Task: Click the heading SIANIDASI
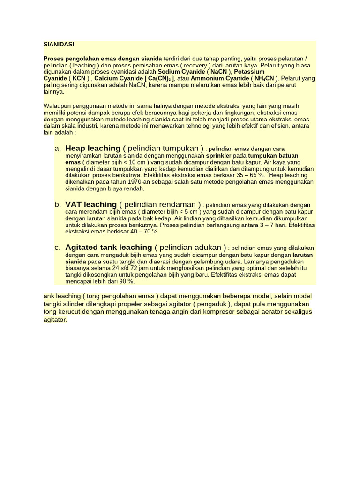[59, 45]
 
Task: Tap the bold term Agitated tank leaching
[109, 247]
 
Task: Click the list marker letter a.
[58, 148]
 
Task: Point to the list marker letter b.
[58, 204]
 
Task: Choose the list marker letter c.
[58, 247]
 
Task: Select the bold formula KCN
[79, 78]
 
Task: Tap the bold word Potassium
[249, 72]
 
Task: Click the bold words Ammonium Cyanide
[220, 78]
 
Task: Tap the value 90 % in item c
[126, 281]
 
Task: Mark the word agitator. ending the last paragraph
[55, 320]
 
